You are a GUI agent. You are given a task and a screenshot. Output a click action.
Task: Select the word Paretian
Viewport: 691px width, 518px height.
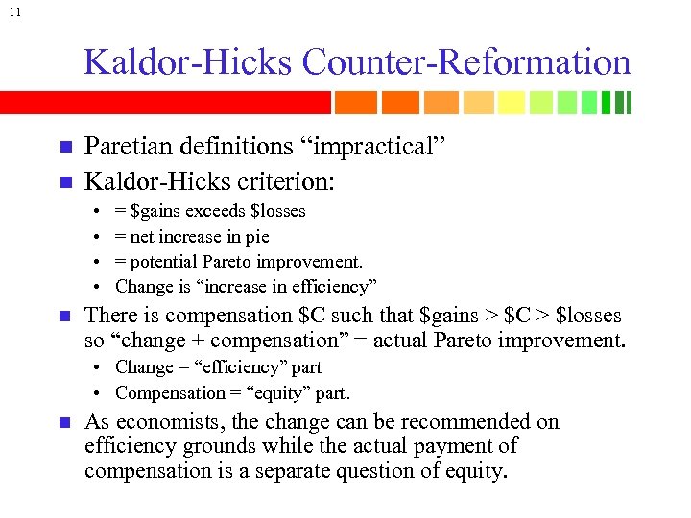(x=127, y=148)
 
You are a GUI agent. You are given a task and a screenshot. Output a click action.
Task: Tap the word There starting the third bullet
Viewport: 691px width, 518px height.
(x=109, y=316)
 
